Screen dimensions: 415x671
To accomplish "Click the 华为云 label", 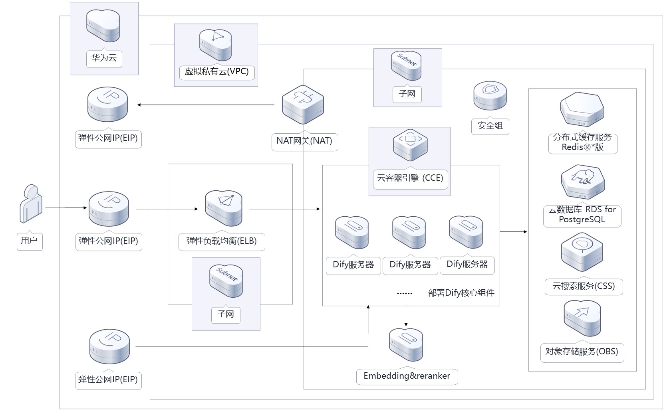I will click(x=104, y=58).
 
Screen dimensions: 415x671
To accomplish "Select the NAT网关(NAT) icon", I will click(x=303, y=105).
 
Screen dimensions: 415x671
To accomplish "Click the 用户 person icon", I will click(x=31, y=204).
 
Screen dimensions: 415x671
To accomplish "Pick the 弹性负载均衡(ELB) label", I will click(x=221, y=241).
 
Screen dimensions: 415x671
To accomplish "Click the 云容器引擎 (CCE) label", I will click(x=410, y=178).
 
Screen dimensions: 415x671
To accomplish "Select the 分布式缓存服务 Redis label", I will click(x=582, y=142).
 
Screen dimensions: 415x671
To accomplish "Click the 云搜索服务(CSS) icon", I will click(x=582, y=253).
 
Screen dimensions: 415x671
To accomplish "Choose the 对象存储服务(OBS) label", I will click(x=582, y=352).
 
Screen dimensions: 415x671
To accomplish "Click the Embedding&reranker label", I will click(x=407, y=376).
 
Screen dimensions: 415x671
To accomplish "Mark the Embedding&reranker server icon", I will click(x=406, y=344).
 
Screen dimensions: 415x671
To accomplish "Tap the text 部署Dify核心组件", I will click(x=461, y=293).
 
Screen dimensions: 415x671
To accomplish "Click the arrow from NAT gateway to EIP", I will click(x=206, y=105).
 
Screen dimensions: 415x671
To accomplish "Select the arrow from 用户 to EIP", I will click(x=66, y=208).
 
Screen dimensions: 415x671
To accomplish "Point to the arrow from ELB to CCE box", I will click(x=284, y=209).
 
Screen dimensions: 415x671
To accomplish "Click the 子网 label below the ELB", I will click(x=226, y=314).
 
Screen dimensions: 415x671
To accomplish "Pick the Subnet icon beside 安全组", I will click(x=406, y=65).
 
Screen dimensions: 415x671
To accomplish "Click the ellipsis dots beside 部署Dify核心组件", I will click(x=404, y=294).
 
